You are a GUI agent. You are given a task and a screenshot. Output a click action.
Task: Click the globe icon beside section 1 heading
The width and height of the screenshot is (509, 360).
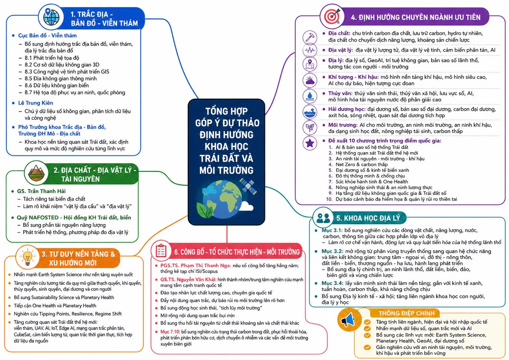pos(51,17)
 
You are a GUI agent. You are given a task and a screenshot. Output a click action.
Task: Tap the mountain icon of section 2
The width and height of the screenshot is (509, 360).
pos(36,173)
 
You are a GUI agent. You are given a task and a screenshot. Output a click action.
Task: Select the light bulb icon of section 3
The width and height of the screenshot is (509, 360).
pos(28,257)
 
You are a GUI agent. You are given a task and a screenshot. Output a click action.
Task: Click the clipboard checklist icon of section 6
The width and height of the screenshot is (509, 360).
pos(161,251)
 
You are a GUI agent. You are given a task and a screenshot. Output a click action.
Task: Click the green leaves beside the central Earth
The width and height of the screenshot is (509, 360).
pos(204,210)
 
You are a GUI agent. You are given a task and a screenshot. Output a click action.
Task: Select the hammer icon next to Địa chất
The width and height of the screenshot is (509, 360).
pos(310,37)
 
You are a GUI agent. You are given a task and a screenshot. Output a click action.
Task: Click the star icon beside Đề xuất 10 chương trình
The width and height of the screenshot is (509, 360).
pos(310,143)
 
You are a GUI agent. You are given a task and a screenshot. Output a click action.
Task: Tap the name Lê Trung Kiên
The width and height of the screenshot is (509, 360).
pos(36,103)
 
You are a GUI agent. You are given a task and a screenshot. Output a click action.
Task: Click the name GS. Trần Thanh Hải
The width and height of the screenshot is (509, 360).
pos(41,191)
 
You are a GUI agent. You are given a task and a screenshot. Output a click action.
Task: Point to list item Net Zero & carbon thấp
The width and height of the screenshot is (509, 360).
pos(362,164)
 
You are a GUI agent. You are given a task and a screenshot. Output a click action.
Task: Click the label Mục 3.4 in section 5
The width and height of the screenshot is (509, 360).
pos(332,283)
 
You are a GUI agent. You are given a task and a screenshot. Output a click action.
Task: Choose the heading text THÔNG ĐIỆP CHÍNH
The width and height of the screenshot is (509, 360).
pos(407,313)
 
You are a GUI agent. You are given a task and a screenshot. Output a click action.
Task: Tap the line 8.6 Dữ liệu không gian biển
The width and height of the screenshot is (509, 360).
pos(57,85)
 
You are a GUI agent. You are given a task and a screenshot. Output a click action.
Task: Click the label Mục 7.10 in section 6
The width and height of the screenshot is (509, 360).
pos(170,332)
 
